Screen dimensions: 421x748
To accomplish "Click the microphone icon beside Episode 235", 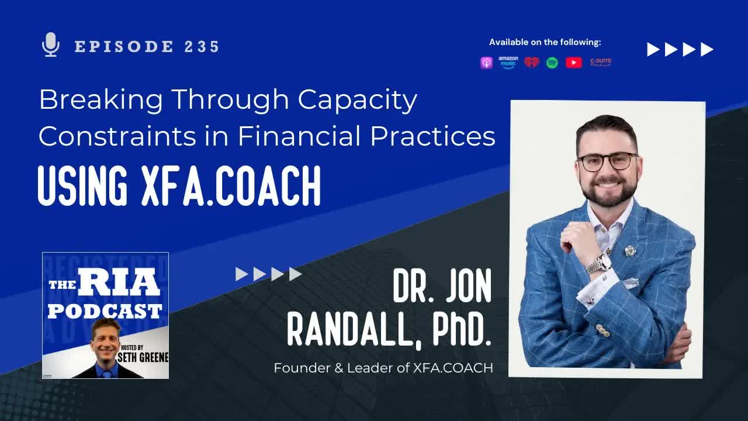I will click(x=51, y=45).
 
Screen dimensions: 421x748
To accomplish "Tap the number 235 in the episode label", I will click(x=202, y=47).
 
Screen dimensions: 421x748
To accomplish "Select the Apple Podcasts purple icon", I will click(x=486, y=63).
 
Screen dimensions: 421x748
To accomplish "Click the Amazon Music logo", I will click(x=508, y=63).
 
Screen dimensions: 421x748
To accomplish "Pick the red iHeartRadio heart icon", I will click(x=531, y=63).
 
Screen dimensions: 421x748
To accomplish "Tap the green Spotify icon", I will click(x=552, y=63).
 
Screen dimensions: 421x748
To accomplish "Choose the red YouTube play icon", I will click(x=574, y=63).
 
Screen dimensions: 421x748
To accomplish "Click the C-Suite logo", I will click(x=601, y=63).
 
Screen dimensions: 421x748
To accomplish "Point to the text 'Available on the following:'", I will click(x=545, y=42).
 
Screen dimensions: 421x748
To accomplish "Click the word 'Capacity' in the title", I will click(x=357, y=101).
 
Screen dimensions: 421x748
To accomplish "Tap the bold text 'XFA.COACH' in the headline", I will click(x=231, y=186).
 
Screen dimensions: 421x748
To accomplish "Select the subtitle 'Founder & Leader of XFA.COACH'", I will click(x=383, y=368).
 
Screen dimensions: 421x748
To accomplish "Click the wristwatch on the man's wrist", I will click(x=598, y=264).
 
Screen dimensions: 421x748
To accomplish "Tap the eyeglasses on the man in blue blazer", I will click(x=607, y=161).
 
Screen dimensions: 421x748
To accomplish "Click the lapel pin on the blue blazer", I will click(x=630, y=250).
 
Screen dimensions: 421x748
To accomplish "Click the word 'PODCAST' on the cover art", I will click(x=105, y=310).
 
